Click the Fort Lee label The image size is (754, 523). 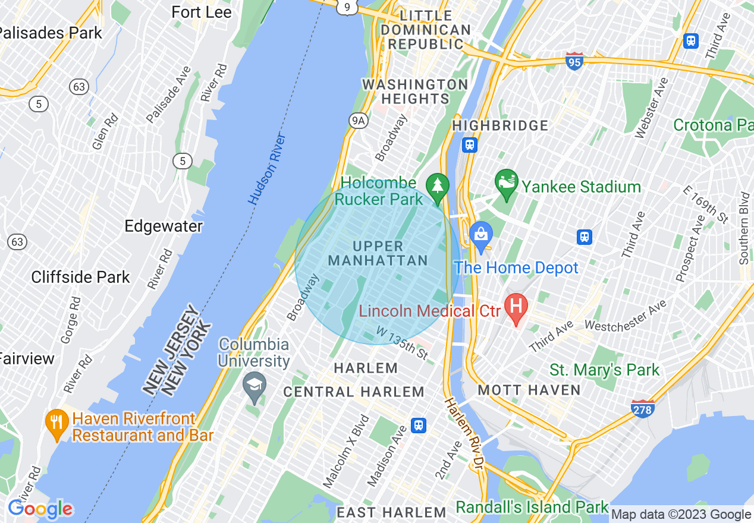pyautogui.click(x=201, y=12)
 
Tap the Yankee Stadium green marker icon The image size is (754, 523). pyautogui.click(x=507, y=185)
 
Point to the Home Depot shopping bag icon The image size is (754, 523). pyautogui.click(x=481, y=235)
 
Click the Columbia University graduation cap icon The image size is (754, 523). pyautogui.click(x=255, y=385)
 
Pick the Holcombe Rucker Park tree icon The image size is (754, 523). pyautogui.click(x=438, y=185)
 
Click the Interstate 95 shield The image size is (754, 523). pyautogui.click(x=574, y=61)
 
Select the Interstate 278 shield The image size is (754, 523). pyautogui.click(x=643, y=408)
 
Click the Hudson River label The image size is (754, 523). pyautogui.click(x=268, y=169)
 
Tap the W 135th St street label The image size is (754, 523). pyautogui.click(x=401, y=342)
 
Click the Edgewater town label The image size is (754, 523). pyautogui.click(x=164, y=226)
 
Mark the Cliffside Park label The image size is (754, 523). pyautogui.click(x=80, y=277)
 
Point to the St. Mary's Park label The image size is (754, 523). pyautogui.click(x=604, y=370)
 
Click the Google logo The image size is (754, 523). pyautogui.click(x=40, y=509)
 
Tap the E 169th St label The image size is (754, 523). pyautogui.click(x=705, y=204)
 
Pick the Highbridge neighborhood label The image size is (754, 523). pyautogui.click(x=500, y=125)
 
